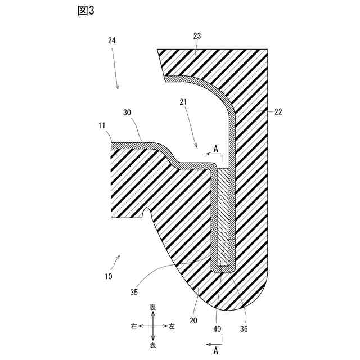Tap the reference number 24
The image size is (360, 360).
tap(112, 40)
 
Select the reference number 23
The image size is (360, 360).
tap(197, 36)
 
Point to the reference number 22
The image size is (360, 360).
tap(278, 111)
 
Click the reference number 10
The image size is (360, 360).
tap(108, 276)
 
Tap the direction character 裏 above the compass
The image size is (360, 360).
tap(152, 308)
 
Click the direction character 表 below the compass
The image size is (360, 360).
tap(152, 345)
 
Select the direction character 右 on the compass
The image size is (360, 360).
tap(133, 326)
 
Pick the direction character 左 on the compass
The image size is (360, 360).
tap(172, 326)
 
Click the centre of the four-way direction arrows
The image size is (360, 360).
tap(152, 326)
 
